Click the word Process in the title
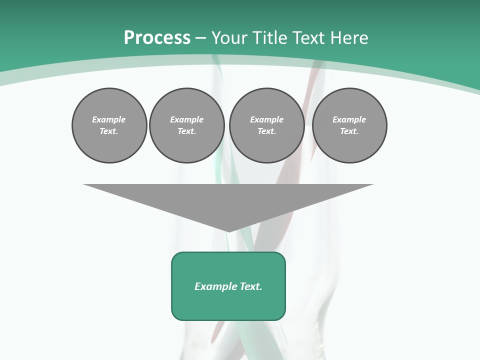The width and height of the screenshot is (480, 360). click(x=157, y=38)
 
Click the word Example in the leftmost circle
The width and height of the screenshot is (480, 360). click(x=109, y=119)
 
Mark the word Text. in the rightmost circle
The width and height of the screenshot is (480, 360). click(x=349, y=131)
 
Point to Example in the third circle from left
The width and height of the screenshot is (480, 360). click(x=266, y=119)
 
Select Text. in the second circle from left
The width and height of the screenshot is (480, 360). click(x=187, y=131)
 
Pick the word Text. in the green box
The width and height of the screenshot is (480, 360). click(x=251, y=286)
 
